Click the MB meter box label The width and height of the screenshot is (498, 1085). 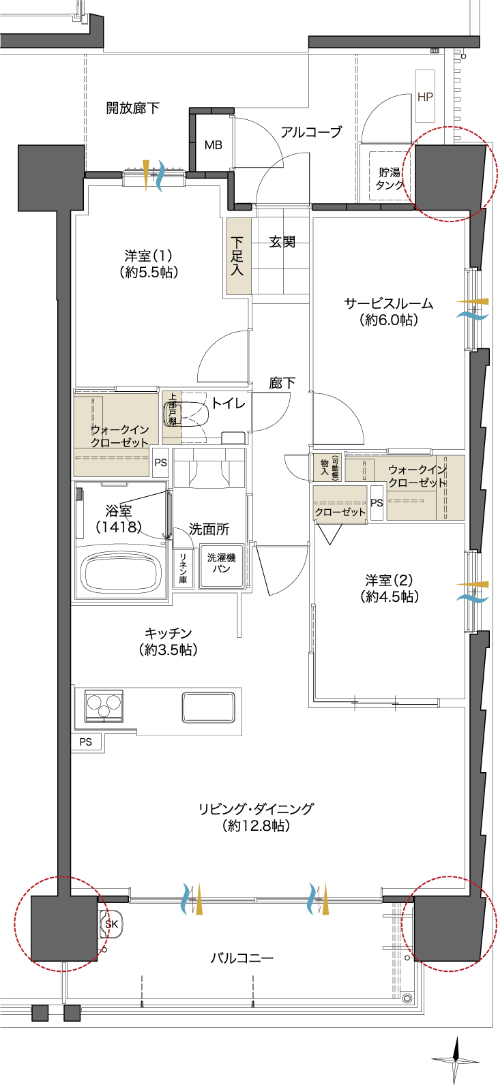214,145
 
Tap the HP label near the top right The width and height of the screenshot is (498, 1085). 425,97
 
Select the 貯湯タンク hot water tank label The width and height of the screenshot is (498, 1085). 390,179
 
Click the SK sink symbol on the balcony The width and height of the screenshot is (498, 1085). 111,923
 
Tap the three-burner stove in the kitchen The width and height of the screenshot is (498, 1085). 103,705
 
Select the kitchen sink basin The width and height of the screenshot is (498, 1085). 209,707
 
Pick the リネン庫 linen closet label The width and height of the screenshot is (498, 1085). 183,568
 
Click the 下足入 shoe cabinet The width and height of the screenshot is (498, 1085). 239,256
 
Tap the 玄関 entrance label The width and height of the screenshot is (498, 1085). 282,241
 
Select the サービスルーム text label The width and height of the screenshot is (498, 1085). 388,304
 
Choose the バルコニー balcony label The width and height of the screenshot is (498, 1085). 242,958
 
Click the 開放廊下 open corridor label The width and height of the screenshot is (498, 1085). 133,108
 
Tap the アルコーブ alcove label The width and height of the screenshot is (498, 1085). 311,132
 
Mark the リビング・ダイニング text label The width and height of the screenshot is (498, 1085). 256,809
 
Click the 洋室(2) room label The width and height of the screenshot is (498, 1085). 389,580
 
